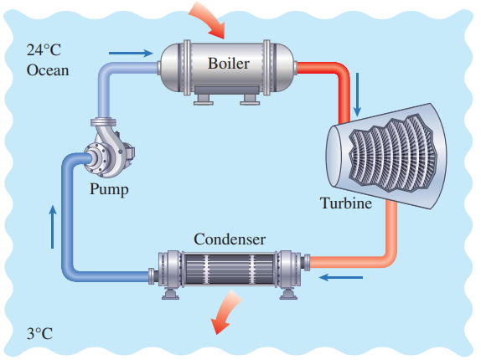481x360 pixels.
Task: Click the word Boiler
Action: pos(229,64)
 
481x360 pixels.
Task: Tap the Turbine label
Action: pos(346,203)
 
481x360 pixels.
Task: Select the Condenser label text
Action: pos(230,239)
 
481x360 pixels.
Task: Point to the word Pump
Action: pos(109,189)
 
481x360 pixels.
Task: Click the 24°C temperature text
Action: pos(44,49)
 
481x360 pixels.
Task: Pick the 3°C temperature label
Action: pos(39,333)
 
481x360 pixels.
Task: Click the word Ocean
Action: pos(48,70)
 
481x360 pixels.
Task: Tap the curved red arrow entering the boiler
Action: pos(209,20)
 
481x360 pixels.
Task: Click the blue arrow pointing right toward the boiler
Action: pos(131,53)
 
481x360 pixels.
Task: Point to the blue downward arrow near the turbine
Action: pos(357,95)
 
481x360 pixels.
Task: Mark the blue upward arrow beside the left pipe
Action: pos(53,227)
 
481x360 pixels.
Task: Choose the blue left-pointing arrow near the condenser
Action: pos(341,278)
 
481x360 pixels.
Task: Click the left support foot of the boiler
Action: pos(203,100)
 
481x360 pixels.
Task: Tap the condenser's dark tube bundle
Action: pos(229,269)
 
